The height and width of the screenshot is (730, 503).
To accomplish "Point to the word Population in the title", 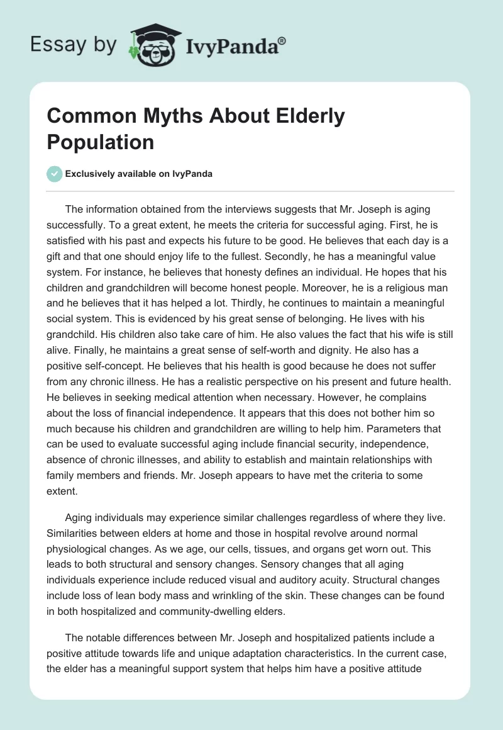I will [100, 142].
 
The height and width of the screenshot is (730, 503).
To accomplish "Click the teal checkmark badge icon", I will [55, 174].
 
